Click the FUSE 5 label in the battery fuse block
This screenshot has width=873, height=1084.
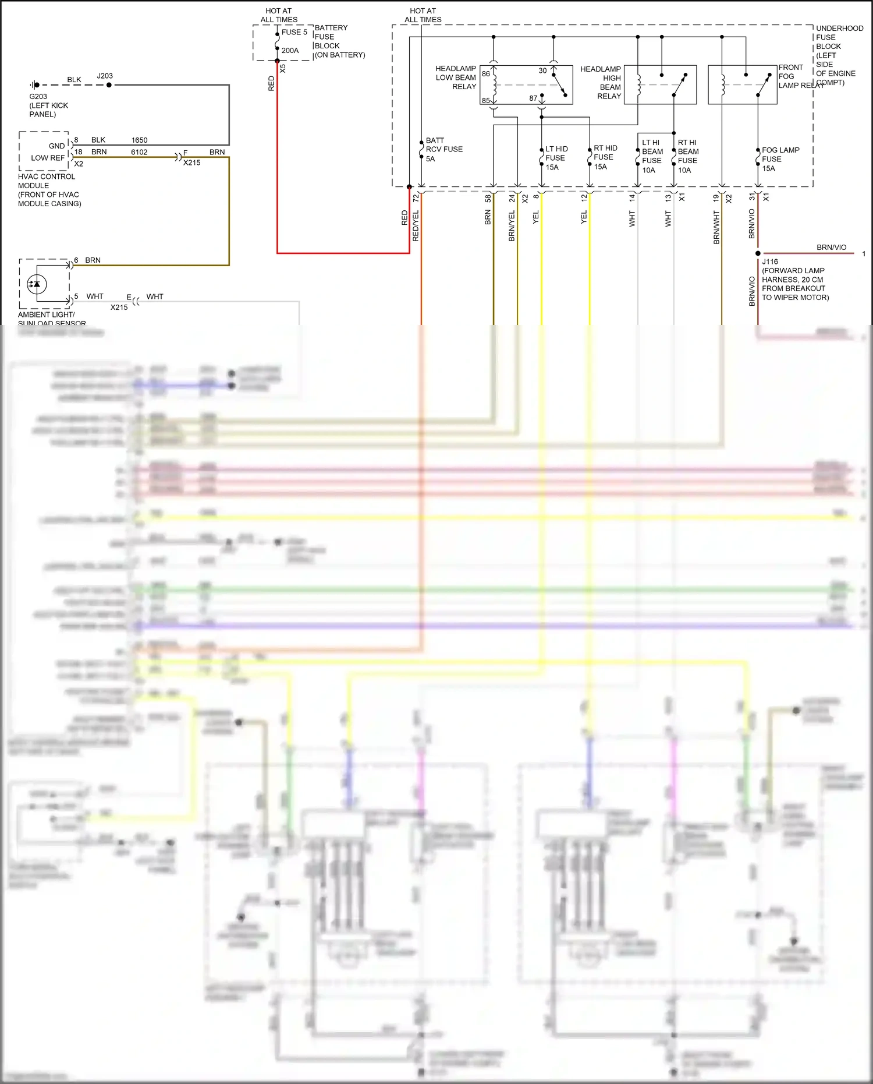tap(294, 33)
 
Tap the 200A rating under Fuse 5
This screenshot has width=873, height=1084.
tap(290, 51)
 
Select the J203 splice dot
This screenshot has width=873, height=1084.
tap(109, 85)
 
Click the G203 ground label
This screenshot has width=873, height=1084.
tap(38, 97)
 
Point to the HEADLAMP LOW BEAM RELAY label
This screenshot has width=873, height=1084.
tap(456, 77)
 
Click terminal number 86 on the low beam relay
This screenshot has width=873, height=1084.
tap(486, 74)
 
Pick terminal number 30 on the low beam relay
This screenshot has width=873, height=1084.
tap(542, 71)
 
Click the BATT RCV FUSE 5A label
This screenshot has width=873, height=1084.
tap(443, 150)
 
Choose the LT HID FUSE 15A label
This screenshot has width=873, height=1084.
tap(556, 158)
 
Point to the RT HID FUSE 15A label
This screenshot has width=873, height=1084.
tap(605, 157)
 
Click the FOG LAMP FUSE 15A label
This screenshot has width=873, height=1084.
tap(780, 159)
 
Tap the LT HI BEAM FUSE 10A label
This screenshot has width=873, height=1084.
tap(652, 156)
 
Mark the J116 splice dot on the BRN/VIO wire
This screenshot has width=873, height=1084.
tap(758, 253)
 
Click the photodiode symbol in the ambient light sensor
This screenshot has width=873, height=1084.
tap(37, 284)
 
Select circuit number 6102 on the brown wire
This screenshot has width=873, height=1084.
tap(139, 152)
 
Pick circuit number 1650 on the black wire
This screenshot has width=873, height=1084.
tap(139, 140)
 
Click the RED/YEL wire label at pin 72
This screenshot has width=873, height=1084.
tap(416, 225)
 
